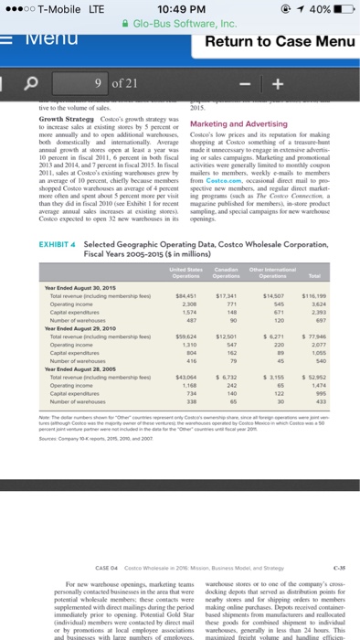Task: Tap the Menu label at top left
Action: (40, 39)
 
